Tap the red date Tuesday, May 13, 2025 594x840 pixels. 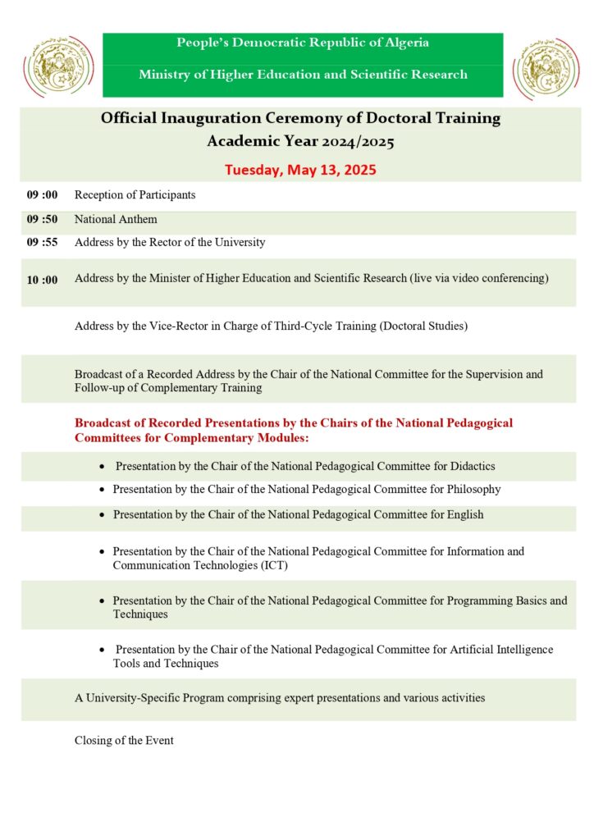(x=300, y=171)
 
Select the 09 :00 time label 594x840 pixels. (x=43, y=195)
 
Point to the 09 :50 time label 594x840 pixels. (x=43, y=220)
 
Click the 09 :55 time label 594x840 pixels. (x=43, y=243)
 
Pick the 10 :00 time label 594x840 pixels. (x=43, y=280)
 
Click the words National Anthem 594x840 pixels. (x=116, y=220)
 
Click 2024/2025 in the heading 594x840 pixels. (x=358, y=142)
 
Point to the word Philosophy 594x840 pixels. (x=473, y=489)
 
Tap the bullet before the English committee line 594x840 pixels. (x=102, y=515)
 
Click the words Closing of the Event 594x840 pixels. (x=124, y=741)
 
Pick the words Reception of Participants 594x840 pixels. (x=135, y=195)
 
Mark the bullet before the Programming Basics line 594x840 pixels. (x=102, y=601)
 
